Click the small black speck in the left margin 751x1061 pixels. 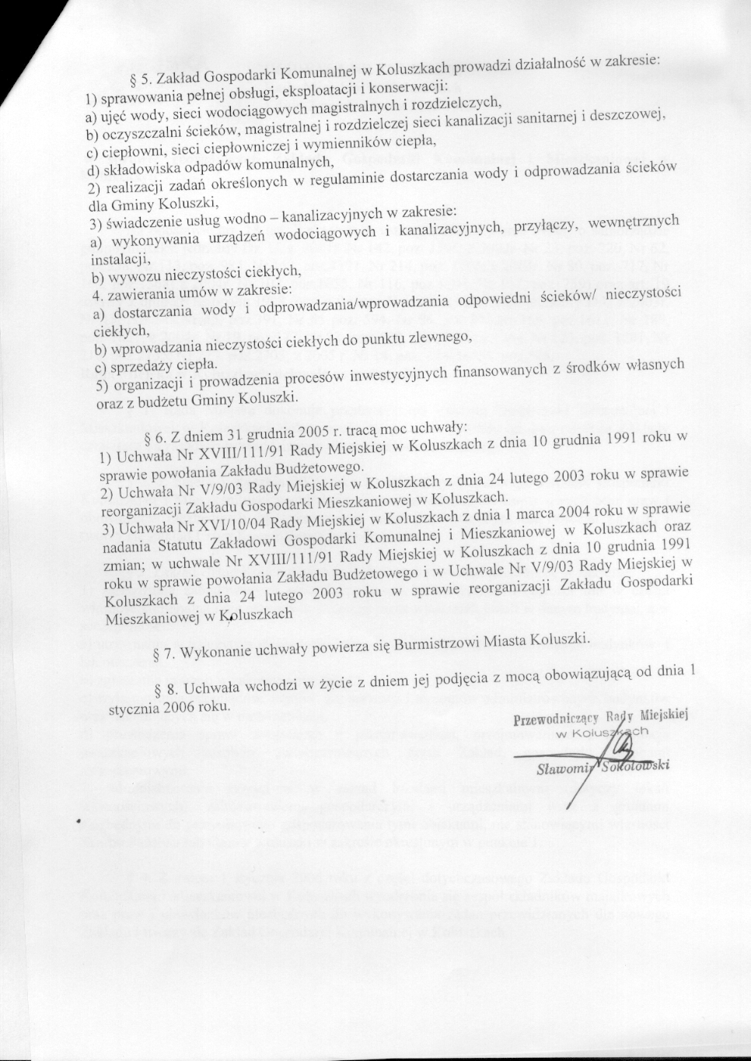tap(80, 821)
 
